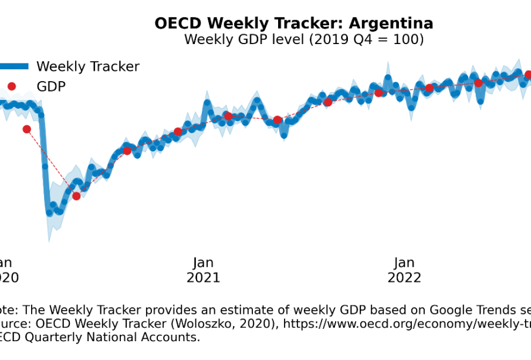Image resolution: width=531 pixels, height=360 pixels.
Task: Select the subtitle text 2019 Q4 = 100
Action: pyautogui.click(x=365, y=39)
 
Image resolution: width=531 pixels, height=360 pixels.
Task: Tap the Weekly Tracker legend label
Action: pyautogui.click(x=88, y=66)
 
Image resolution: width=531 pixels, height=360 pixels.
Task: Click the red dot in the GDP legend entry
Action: pyautogui.click(x=12, y=86)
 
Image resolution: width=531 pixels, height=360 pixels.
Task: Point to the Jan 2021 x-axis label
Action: pyautogui.click(x=203, y=270)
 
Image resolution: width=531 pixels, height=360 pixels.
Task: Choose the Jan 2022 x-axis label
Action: pyautogui.click(x=404, y=270)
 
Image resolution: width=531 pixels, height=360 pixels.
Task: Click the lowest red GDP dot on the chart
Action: pyautogui.click(x=76, y=196)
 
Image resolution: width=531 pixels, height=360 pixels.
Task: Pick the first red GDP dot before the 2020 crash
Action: pyautogui.click(x=26, y=129)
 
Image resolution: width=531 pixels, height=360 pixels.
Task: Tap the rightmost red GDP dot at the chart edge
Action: pyautogui.click(x=528, y=75)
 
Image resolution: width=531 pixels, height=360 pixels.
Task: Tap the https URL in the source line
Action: pyautogui.click(x=411, y=324)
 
